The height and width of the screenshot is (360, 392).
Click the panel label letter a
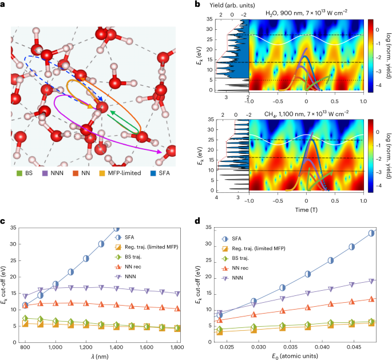click(x=5, y=5)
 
